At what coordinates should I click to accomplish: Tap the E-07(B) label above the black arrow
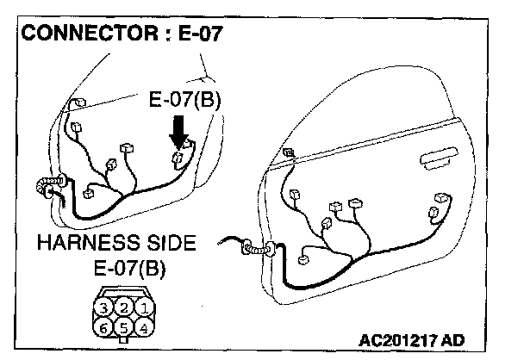coord(185,100)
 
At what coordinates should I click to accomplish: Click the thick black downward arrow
coord(179,134)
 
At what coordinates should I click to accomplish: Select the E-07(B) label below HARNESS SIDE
coord(129,267)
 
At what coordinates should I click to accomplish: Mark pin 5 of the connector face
coord(125,327)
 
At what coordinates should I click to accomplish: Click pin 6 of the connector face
coord(104,327)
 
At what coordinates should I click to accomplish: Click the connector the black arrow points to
coord(178,158)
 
